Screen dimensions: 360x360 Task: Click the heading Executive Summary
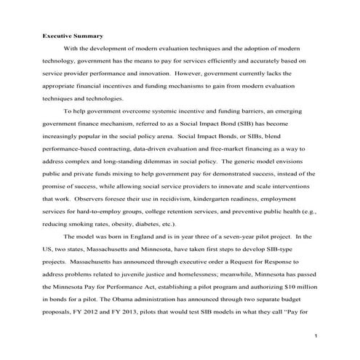coord(73,35)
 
